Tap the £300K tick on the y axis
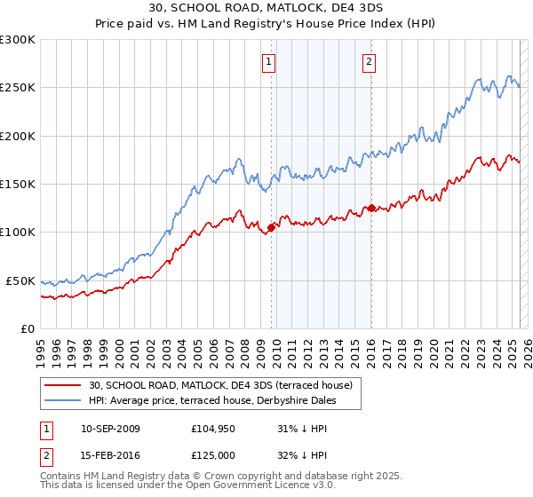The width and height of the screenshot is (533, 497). [19, 40]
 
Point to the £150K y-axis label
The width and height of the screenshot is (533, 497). [19, 184]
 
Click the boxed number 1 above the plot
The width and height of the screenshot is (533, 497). [269, 62]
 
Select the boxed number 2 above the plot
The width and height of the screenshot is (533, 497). [369, 62]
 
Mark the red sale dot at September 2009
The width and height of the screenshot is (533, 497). [271, 227]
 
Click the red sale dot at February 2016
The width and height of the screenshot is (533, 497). [371, 208]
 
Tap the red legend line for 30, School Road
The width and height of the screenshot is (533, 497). [63, 385]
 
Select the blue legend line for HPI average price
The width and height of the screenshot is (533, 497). [63, 400]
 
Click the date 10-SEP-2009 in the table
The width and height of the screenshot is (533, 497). [110, 429]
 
